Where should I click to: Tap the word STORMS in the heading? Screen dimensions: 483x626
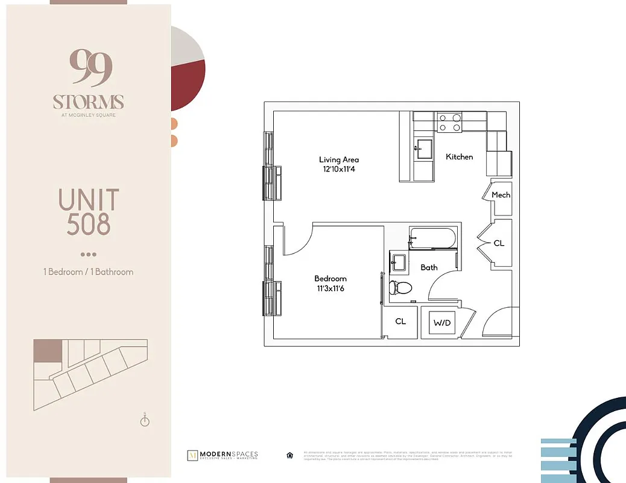coord(88,101)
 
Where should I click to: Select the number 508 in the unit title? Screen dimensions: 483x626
coord(89,224)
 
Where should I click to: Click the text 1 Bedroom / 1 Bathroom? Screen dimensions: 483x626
coord(88,272)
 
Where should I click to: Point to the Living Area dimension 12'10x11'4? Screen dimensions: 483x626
coord(339,170)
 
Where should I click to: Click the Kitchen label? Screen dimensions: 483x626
coord(459,157)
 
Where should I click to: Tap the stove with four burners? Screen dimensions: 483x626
coord(449,123)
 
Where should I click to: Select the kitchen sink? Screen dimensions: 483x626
coord(423,149)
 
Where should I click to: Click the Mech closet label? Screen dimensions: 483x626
coord(501,194)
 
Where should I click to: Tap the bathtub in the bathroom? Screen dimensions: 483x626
coord(432,238)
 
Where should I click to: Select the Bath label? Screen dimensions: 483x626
coord(429,267)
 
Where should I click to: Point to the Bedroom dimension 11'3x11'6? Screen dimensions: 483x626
coord(330,289)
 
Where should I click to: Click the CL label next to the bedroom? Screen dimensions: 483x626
coord(400,322)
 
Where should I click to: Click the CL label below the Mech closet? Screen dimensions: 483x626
coord(499,243)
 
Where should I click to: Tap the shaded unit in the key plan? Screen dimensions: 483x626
coord(48,351)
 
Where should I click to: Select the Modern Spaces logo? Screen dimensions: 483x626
coord(223,455)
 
